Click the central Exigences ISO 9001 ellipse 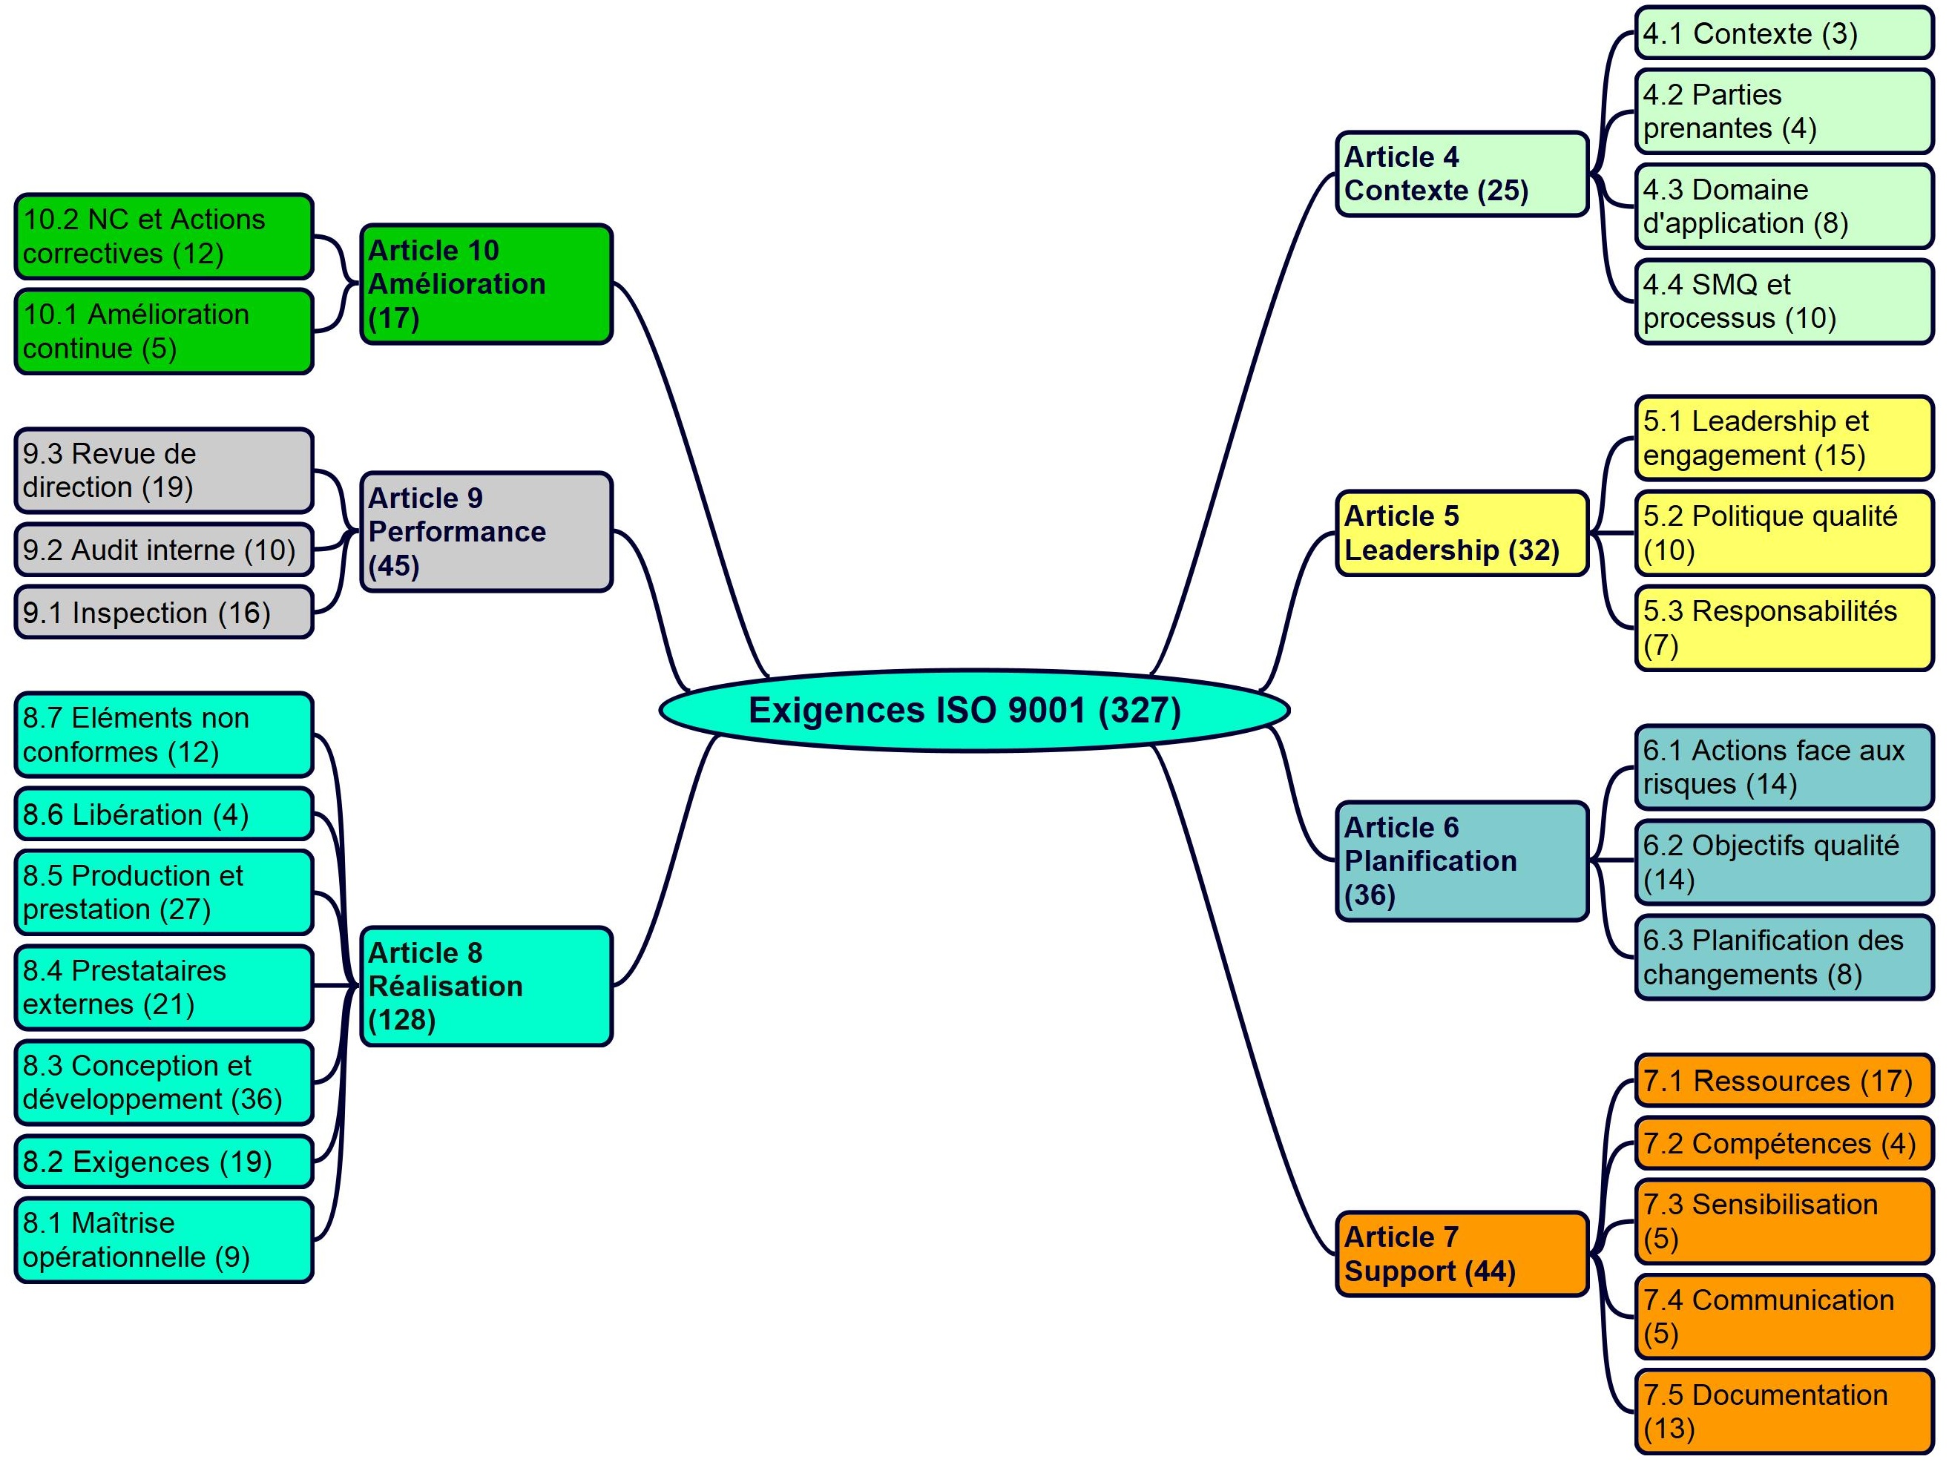tap(975, 710)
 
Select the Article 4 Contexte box tap(1462, 174)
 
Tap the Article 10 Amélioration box tap(487, 283)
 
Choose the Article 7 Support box tap(1462, 1254)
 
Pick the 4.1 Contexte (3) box tap(1785, 33)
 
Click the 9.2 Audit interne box tap(164, 550)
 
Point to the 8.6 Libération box tap(164, 814)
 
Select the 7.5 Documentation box tap(1785, 1412)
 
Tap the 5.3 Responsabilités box tap(1785, 628)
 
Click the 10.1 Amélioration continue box tap(164, 332)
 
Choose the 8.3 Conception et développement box tap(164, 1083)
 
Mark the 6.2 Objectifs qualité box tap(1785, 863)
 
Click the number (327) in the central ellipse tap(1140, 710)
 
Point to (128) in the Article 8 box tap(402, 1020)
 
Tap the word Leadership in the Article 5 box tap(1422, 550)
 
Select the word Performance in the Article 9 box tap(457, 531)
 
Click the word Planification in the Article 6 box tap(1431, 860)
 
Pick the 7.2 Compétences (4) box tap(1785, 1144)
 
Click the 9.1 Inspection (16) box tap(164, 612)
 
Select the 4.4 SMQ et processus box tap(1785, 301)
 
